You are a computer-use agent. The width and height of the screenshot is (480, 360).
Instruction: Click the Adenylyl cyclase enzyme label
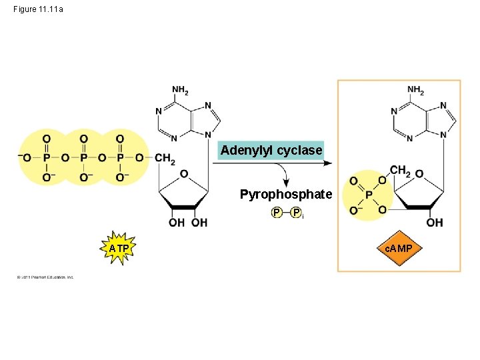271,151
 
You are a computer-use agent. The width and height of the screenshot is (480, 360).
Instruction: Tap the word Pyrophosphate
285,195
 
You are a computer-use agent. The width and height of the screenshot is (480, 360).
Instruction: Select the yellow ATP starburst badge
119,249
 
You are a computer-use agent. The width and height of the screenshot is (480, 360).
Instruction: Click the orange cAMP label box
399,249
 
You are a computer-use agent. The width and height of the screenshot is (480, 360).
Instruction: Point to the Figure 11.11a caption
39,9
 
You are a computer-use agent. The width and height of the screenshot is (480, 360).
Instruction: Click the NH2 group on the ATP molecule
180,90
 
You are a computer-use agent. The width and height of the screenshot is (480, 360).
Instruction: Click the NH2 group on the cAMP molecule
415,90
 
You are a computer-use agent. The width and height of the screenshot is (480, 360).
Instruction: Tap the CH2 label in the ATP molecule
164,159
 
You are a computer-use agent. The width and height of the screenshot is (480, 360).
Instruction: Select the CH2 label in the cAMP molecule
400,171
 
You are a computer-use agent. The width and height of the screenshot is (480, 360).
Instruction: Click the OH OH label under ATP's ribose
188,223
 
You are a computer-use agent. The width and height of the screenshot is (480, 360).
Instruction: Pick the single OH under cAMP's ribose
434,223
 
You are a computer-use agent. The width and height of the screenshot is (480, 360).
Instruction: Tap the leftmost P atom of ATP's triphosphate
47,158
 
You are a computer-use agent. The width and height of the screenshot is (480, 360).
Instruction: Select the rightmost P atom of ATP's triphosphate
120,158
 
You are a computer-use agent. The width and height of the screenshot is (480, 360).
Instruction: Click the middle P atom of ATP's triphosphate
83,158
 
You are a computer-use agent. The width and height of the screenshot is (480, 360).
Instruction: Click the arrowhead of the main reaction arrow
329,163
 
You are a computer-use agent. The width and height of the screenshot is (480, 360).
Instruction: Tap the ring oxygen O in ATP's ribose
183,174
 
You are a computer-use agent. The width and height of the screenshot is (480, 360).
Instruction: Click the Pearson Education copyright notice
45,277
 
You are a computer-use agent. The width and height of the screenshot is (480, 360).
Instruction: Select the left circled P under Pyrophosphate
275,213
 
